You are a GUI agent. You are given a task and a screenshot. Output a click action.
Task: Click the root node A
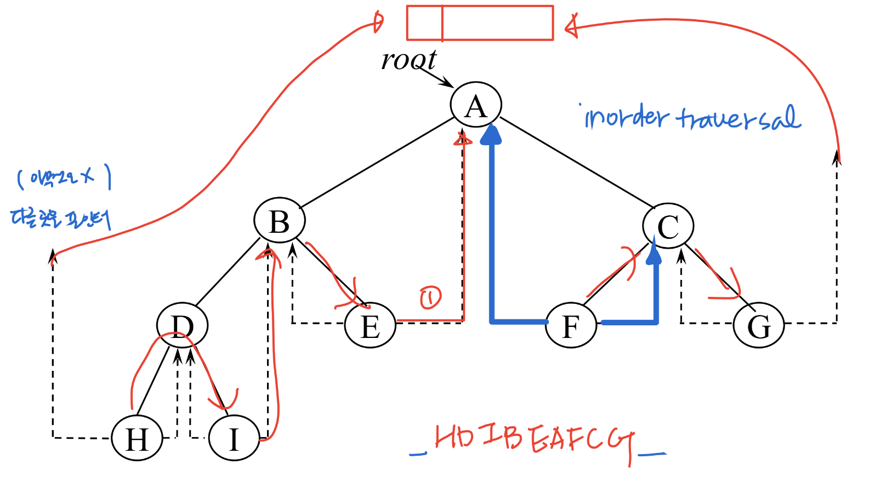click(475, 105)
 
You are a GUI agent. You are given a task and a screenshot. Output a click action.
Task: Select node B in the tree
click(280, 221)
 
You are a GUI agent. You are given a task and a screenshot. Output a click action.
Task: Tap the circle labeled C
click(668, 226)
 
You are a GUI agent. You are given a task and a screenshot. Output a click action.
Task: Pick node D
click(182, 326)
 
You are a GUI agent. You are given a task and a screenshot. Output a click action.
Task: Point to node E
click(370, 326)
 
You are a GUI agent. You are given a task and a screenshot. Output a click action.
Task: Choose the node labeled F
click(571, 326)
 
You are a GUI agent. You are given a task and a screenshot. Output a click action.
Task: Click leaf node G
click(759, 326)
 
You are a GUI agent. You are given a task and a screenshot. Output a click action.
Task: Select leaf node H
click(137, 438)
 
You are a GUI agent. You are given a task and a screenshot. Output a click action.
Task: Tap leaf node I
click(234, 438)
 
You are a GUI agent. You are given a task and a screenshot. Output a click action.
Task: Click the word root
click(408, 60)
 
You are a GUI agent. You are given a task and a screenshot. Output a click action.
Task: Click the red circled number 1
click(430, 297)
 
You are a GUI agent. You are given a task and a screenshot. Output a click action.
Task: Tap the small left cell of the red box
click(424, 23)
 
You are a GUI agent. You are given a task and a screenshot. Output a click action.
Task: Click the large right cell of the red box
click(497, 23)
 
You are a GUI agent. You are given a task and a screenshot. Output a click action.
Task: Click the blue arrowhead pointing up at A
click(491, 135)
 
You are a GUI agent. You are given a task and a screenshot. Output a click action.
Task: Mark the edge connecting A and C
click(577, 162)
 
